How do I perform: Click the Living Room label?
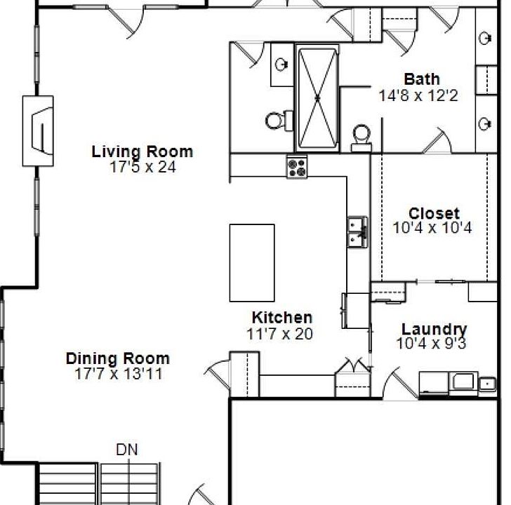pyautogui.click(x=142, y=151)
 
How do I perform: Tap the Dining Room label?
pyautogui.click(x=118, y=358)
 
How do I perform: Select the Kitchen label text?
pyautogui.click(x=282, y=318)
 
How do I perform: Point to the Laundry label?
pyautogui.click(x=434, y=330)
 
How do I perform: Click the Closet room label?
pyautogui.click(x=434, y=214)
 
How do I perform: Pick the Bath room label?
pyautogui.click(x=422, y=79)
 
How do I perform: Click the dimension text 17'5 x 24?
pyautogui.click(x=142, y=168)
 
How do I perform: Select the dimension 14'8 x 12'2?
pyautogui.click(x=418, y=95)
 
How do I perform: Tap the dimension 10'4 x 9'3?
pyautogui.click(x=431, y=344)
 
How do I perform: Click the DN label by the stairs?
pyautogui.click(x=127, y=450)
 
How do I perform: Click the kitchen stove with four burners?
pyautogui.click(x=297, y=167)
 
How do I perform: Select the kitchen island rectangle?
pyautogui.click(x=252, y=263)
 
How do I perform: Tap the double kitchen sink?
pyautogui.click(x=358, y=232)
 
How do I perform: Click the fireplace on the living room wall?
pyautogui.click(x=38, y=131)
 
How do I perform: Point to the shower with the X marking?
pyautogui.click(x=317, y=98)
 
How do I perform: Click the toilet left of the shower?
pyautogui.click(x=279, y=121)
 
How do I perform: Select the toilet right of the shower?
pyautogui.click(x=361, y=138)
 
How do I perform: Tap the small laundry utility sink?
pyautogui.click(x=487, y=384)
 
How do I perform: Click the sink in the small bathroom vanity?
pyautogui.click(x=281, y=64)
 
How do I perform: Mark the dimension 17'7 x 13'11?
pyautogui.click(x=119, y=374)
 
